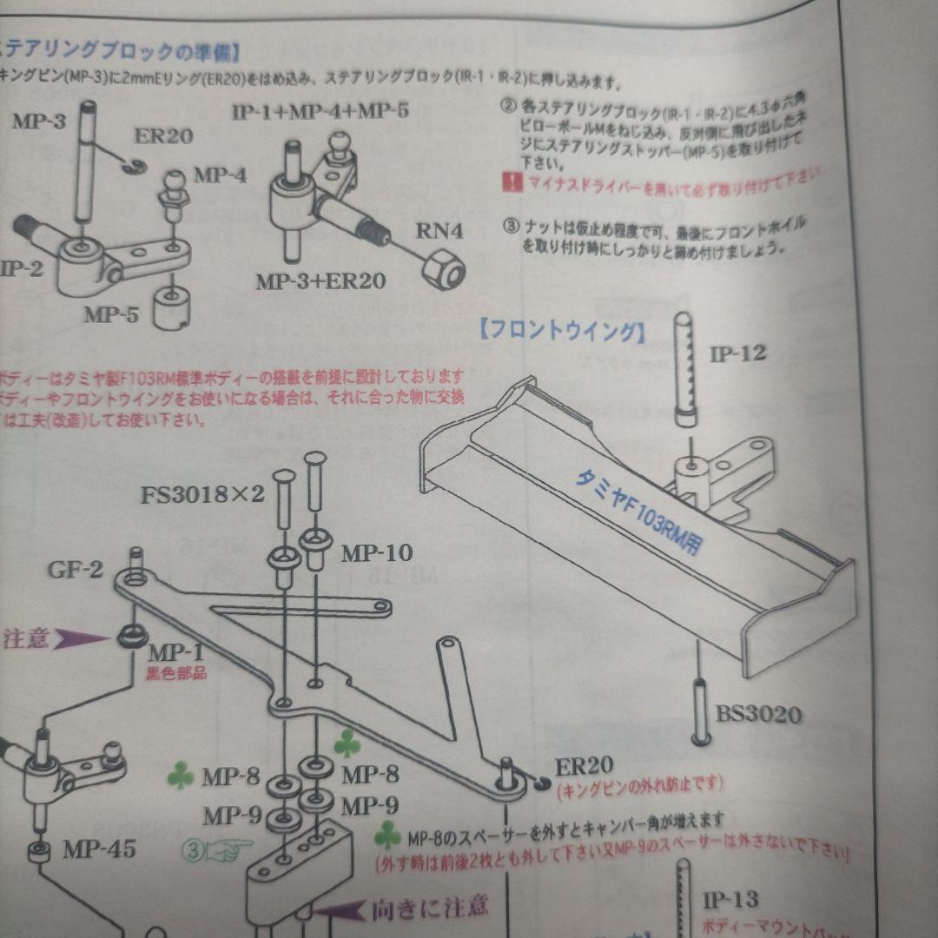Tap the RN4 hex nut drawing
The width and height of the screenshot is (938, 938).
tap(443, 269)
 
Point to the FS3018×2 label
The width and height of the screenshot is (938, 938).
tap(203, 495)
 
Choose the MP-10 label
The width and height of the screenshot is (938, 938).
tap(376, 552)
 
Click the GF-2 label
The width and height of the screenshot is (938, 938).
tap(76, 570)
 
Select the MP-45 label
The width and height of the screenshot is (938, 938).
tap(99, 849)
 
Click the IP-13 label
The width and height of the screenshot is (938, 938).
tap(730, 899)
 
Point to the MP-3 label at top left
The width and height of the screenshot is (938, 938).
tap(38, 121)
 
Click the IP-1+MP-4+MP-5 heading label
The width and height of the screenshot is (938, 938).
tap(320, 111)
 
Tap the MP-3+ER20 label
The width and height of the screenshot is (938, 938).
tap(321, 281)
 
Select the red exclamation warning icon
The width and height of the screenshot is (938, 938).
tap(511, 182)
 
